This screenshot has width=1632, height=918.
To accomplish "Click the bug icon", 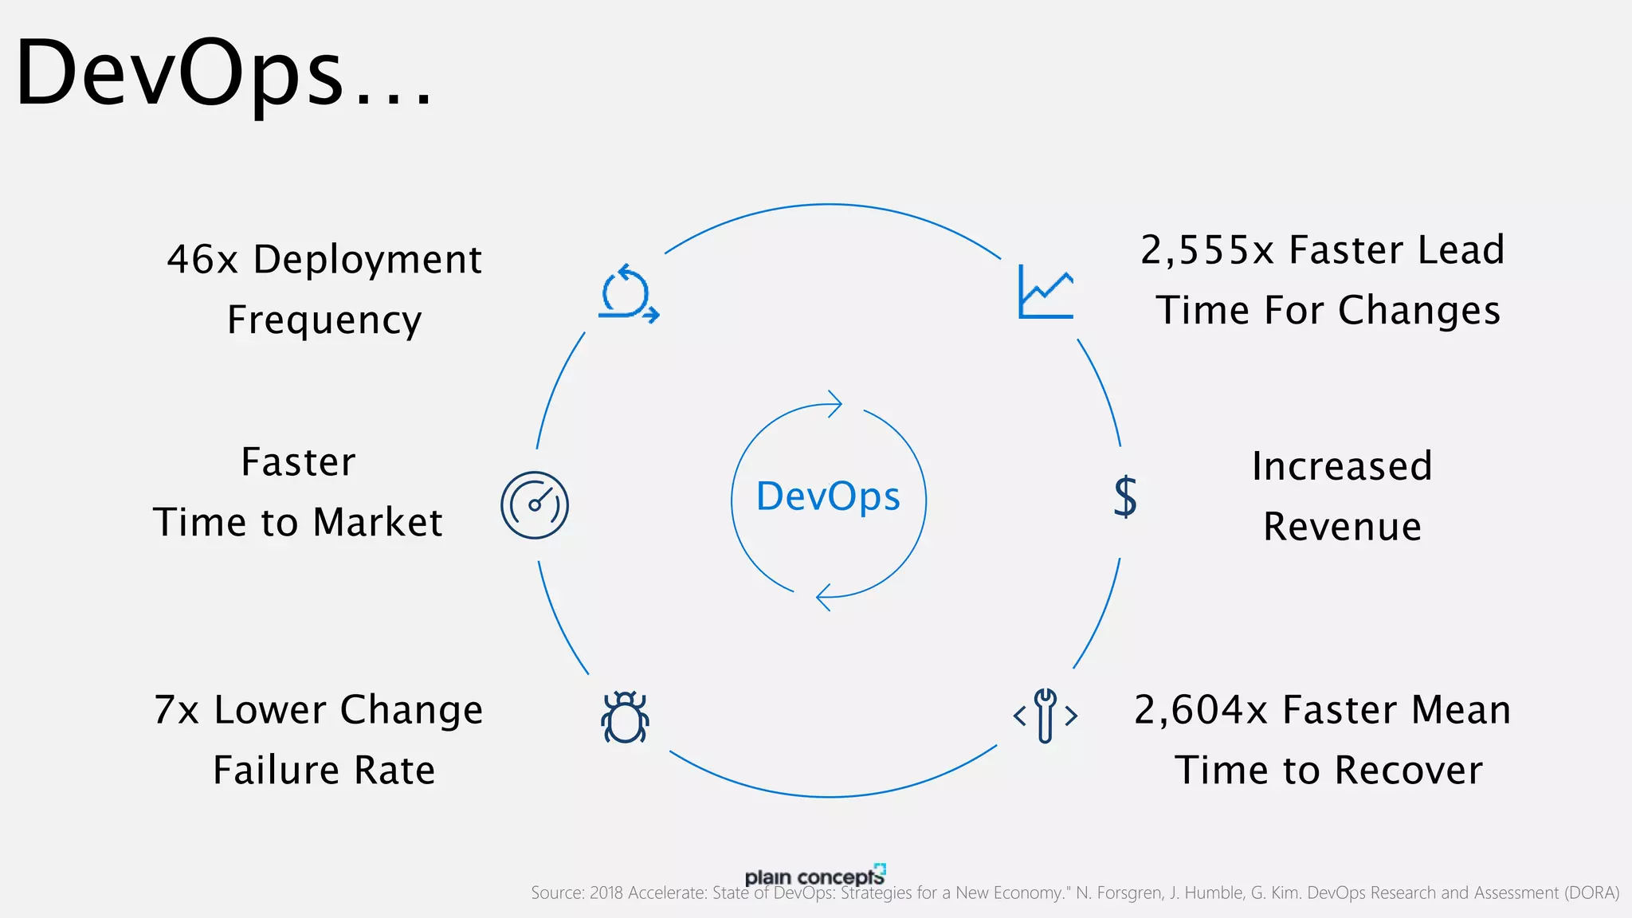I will coord(625,717).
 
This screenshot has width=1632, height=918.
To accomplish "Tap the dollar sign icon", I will coord(1125,496).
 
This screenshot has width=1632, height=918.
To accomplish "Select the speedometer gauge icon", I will coord(535,505).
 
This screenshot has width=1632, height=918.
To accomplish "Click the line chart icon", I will coord(1045,292).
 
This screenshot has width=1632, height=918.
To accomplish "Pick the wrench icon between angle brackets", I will coord(1045,716).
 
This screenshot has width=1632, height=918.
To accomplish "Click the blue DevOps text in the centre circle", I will coord(828,497).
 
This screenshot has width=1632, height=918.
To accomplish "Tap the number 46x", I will coord(202,260).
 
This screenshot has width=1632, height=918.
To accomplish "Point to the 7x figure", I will coord(176,710).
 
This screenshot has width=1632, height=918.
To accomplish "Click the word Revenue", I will coord(1342,527).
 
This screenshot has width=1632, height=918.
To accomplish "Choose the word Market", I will coord(378,523).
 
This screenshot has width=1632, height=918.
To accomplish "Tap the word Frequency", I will coord(324,320).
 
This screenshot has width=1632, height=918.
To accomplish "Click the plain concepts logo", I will coord(814,876).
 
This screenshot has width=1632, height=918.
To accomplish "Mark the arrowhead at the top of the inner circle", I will coord(834,404).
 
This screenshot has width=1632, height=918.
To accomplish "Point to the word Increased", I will coord(1342,466).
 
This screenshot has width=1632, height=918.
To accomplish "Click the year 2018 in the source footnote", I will coord(606,893).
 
